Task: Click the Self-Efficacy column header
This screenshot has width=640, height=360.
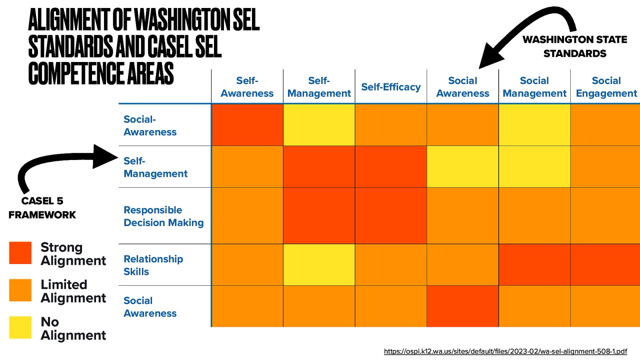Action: point(391,87)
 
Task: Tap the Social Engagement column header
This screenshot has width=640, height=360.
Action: point(606,87)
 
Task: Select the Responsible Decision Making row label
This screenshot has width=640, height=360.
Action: point(164,216)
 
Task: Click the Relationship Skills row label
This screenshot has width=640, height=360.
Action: point(153,265)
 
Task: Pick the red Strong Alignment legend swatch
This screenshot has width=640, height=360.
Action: point(20,253)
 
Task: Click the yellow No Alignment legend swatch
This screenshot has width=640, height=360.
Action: point(20,328)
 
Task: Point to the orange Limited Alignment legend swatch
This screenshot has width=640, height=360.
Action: point(20,290)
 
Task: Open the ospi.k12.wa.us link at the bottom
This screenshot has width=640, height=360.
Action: point(505,351)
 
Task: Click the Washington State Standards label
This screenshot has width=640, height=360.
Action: point(575,46)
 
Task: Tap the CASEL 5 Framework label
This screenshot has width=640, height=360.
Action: point(42,208)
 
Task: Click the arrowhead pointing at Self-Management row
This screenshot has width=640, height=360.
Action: point(105,156)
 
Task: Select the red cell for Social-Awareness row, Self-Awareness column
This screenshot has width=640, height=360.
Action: point(247,125)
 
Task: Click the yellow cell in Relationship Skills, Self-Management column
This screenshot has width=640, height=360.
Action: point(319,264)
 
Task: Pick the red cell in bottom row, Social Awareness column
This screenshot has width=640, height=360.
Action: point(462,306)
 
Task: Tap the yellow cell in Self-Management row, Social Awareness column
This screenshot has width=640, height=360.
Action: point(462,166)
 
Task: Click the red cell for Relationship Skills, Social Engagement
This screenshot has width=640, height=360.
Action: point(605,264)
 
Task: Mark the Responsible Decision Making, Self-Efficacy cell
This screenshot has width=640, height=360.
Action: point(391,216)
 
